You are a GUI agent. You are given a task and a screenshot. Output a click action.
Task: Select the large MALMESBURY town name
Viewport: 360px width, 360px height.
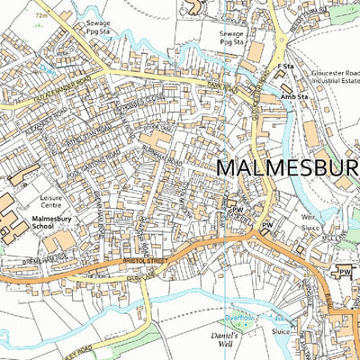[x=288, y=168]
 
